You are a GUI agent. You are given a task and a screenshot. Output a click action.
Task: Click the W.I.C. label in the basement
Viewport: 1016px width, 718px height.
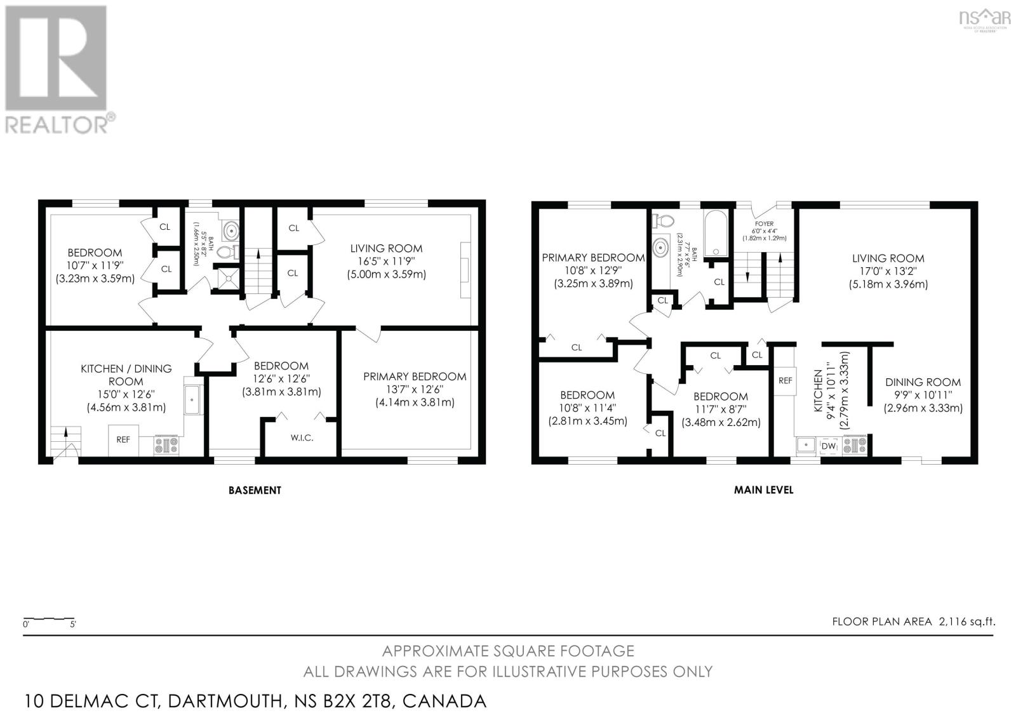pos(301,438)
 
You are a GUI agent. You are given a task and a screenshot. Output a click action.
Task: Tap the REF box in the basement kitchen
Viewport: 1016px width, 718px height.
pos(123,439)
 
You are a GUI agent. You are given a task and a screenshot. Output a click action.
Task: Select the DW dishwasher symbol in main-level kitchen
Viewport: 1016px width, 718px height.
pos(829,446)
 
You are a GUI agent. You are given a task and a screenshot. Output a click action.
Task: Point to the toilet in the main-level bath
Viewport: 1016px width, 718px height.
pos(664,221)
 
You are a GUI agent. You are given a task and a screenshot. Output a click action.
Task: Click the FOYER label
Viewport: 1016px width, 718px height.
pos(764,223)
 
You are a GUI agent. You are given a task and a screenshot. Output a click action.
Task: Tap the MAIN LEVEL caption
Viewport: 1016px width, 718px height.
pos(772,489)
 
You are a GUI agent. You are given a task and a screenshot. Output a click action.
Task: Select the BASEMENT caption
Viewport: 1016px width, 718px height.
pos(255,489)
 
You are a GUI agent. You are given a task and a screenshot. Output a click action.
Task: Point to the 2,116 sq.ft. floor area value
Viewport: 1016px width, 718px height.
pos(966,622)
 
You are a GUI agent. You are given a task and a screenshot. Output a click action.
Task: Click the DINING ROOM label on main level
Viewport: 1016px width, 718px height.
pos(923,382)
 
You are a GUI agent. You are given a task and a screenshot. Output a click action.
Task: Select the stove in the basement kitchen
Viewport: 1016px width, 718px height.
pos(166,446)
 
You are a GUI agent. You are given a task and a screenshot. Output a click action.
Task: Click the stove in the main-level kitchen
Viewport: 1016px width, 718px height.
pos(855,446)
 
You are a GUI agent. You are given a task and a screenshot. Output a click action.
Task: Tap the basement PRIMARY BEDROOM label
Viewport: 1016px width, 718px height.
pos(415,376)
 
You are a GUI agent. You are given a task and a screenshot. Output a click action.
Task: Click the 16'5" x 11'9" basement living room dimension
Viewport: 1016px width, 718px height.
pos(386,262)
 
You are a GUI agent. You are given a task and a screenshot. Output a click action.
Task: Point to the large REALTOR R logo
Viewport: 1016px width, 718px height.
pos(56,58)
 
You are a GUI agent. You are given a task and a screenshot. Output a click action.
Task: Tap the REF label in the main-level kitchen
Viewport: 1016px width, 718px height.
pos(785,380)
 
